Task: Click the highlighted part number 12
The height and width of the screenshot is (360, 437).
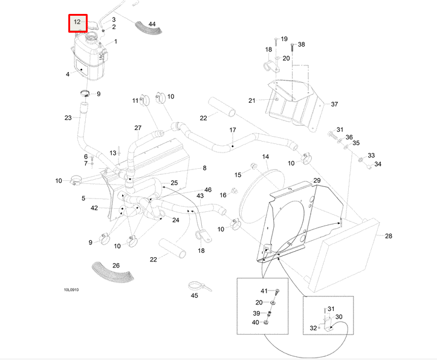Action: click(77, 22)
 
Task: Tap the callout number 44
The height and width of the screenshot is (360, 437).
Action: click(152, 24)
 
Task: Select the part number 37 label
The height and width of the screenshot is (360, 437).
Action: click(334, 104)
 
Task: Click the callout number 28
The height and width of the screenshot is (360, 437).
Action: click(389, 236)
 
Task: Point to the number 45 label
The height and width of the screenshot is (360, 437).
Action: click(194, 296)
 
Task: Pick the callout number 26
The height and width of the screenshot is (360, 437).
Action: click(116, 265)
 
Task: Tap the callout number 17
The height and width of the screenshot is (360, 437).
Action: click(232, 130)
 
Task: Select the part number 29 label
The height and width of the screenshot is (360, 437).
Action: click(317, 181)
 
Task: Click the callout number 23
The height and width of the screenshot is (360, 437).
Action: click(68, 118)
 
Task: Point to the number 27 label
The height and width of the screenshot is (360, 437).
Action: click(138, 128)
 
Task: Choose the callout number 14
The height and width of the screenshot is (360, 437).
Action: click(265, 157)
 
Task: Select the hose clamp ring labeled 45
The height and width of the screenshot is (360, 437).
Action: click(195, 285)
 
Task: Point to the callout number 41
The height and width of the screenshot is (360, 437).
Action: click(264, 291)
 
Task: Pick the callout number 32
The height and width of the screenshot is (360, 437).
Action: click(313, 329)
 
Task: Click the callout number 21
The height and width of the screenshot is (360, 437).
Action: click(252, 100)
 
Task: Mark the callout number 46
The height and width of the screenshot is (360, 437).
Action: click(208, 190)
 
